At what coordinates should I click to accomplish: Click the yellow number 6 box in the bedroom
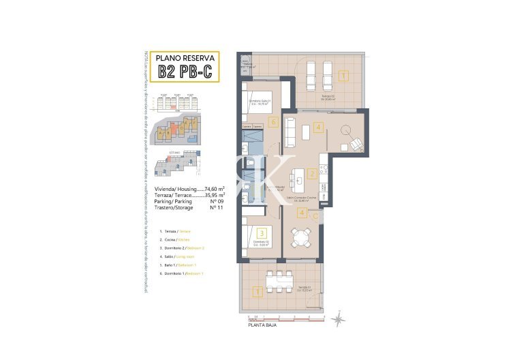(272, 123)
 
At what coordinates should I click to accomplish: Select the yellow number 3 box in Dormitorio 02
(261, 233)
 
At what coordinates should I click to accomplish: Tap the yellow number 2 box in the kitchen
(312, 174)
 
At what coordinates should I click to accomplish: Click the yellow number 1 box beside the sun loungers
(343, 76)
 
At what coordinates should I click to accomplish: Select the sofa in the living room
(290, 132)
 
